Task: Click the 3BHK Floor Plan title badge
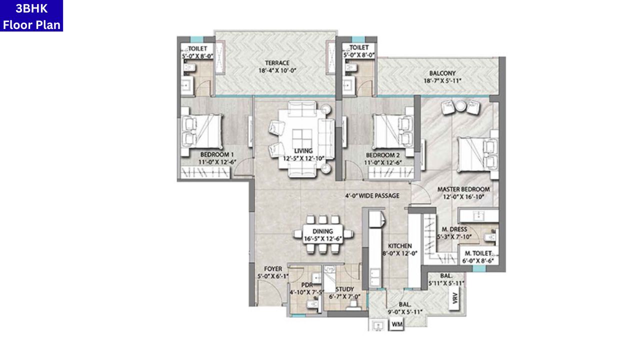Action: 31,16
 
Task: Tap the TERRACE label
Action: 277,63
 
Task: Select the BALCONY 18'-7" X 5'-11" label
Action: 441,72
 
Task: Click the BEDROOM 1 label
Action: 217,154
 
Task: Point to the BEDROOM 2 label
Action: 382,154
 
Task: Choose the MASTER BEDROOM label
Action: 463,189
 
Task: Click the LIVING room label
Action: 303,151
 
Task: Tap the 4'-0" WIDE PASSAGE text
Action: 372,195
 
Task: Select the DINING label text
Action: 322,232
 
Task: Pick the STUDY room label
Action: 344,289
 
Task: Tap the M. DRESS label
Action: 451,229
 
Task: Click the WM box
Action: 397,325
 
